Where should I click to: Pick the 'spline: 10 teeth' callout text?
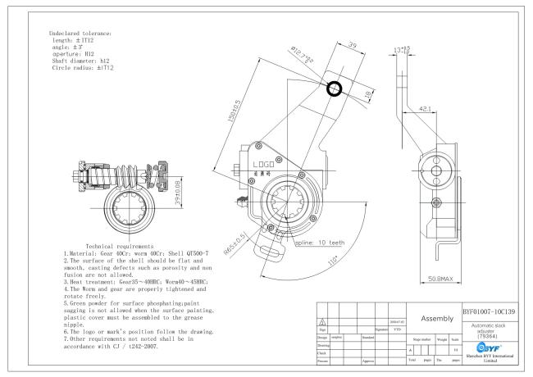coord(321,243)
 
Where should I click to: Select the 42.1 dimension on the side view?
coord(425,107)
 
